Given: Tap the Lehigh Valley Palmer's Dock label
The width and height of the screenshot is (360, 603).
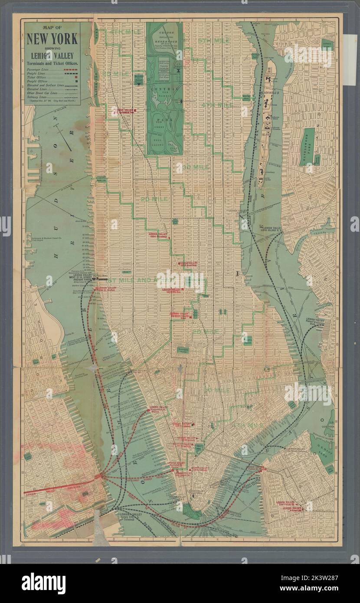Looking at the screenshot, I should pos(314,321).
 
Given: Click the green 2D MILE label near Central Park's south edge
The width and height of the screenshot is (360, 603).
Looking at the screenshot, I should pos(154,199).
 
